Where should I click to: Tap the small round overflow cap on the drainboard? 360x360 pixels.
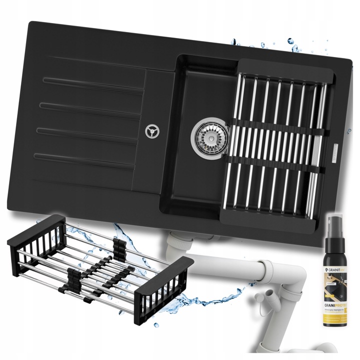[150, 131]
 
